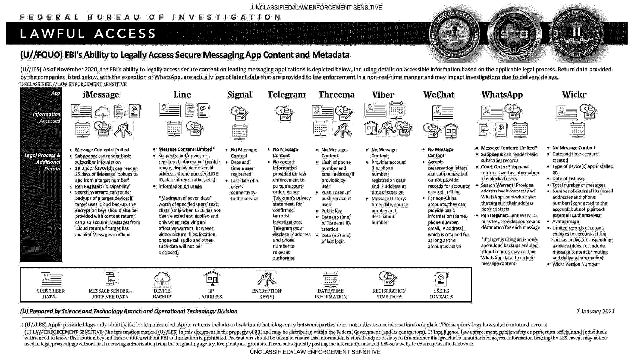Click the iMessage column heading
click(101, 95)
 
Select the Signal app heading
click(240, 95)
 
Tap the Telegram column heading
click(286, 95)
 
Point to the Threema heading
click(337, 95)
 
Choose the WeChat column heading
click(438, 95)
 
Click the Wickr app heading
click(574, 95)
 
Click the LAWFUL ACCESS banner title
click(88, 34)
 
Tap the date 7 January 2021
click(595, 311)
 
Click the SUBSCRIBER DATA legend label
click(51, 294)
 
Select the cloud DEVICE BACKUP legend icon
click(162, 279)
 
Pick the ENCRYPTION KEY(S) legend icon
click(267, 279)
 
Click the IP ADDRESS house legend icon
click(212, 279)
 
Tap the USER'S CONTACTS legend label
click(441, 294)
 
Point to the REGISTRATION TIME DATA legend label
click(389, 294)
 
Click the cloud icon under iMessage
click(103, 113)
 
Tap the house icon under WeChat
click(451, 130)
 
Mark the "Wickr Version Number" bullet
click(575, 264)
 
